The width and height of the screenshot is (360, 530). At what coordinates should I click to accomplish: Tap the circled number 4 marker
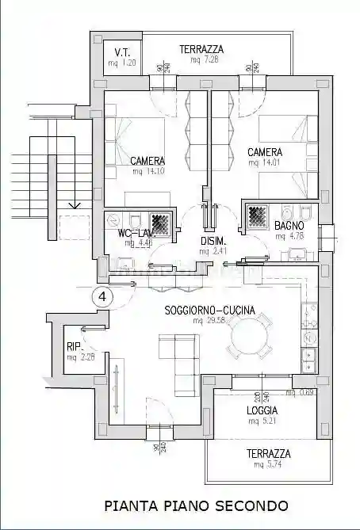coord(103,296)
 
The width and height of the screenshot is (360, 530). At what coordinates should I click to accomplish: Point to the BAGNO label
coord(289,226)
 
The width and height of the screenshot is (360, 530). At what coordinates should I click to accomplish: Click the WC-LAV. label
coord(134,233)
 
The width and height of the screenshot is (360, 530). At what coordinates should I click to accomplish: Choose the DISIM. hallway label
coord(214,241)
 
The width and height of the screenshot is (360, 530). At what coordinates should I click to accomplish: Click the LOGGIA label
coord(262,411)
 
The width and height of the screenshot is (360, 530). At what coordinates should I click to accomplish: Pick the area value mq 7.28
coord(193,60)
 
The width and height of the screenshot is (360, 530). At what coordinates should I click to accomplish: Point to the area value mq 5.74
coord(267,465)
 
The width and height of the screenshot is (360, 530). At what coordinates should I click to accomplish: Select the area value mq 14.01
coord(264,162)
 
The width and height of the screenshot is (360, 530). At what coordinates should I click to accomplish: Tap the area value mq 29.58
coord(209,321)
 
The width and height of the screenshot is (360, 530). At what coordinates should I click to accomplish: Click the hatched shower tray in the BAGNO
coord(259,215)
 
